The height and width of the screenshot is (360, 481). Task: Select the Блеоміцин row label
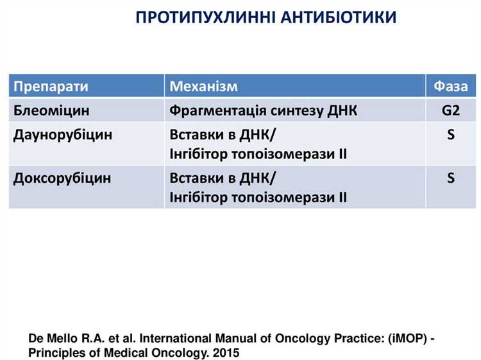[52, 110]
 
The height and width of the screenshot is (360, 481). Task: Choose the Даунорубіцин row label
[63, 135]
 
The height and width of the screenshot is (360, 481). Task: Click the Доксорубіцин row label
[62, 178]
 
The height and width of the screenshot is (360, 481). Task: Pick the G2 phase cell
[451, 110]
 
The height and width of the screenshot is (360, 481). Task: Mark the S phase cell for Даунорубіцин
[451, 135]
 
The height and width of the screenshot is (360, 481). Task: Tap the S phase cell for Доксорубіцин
[451, 178]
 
